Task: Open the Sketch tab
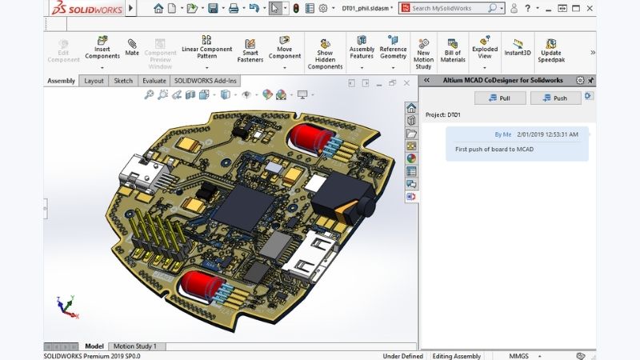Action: pos(123,81)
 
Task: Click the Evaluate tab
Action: pos(154,81)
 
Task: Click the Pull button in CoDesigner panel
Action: pos(500,98)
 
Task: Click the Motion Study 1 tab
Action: pos(134,346)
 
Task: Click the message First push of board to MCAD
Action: pos(494,149)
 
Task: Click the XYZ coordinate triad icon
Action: pos(66,305)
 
